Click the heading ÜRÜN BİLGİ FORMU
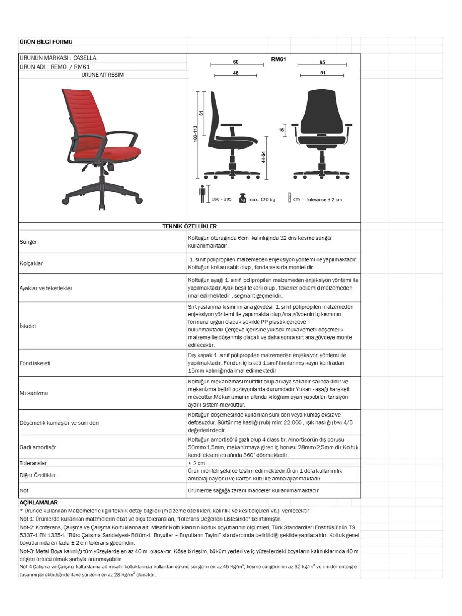(46, 42)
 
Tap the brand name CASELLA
(85, 58)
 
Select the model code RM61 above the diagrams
(278, 59)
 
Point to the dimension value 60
(236, 62)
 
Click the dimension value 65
(322, 62)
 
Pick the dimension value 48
(236, 73)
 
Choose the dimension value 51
(323, 72)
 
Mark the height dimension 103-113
(195, 134)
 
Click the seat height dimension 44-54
(263, 157)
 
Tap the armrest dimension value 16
(281, 130)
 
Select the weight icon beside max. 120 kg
(243, 198)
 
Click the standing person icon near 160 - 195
(202, 194)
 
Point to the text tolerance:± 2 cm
(324, 199)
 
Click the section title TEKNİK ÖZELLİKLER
(189, 226)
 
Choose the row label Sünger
(28, 242)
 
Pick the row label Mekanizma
(34, 393)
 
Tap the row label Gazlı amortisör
(38, 447)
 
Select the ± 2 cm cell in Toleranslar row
(196, 463)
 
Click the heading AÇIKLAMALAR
(38, 502)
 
